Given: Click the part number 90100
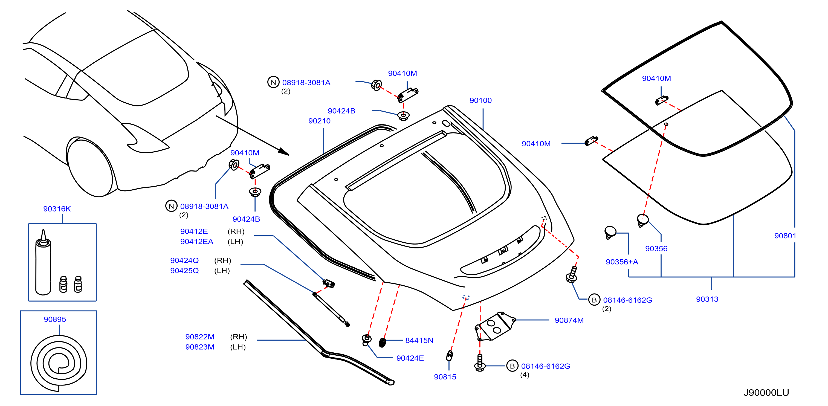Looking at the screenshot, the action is click(x=480, y=100).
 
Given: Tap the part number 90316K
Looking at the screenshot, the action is click(x=57, y=209).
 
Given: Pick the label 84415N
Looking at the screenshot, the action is click(x=419, y=340).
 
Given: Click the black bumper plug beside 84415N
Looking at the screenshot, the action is click(x=382, y=343).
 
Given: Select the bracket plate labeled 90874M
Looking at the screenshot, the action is click(x=495, y=326).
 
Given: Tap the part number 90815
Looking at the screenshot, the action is click(x=445, y=377).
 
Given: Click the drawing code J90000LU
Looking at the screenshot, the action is click(x=766, y=393).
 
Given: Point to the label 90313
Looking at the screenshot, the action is click(x=707, y=299).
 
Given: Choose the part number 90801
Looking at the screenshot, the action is click(x=785, y=236).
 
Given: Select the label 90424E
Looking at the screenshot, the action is click(x=410, y=358).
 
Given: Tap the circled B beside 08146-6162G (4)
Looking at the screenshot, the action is click(x=512, y=366).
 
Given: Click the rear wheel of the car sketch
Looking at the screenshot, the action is click(x=91, y=167).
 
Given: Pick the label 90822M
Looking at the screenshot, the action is click(x=199, y=337).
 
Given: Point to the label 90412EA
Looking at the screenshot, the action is click(x=197, y=242).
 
